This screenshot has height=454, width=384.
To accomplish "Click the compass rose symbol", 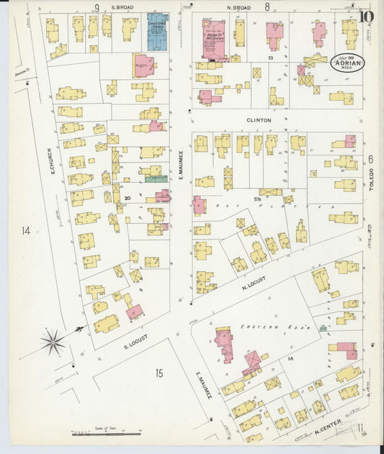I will (x=53, y=342).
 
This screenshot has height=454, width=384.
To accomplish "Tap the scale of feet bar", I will (x=106, y=433).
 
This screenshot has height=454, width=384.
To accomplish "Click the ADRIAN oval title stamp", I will (x=347, y=63).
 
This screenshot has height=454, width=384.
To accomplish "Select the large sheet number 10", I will (x=366, y=15).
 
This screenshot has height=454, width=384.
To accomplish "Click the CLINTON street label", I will (x=259, y=120).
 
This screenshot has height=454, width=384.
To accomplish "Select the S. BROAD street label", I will (x=122, y=7).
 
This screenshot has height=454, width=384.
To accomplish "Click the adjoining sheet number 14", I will (x=27, y=231).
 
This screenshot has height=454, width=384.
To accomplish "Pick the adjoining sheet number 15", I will (x=158, y=372).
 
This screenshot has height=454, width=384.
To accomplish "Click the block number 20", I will (x=128, y=198).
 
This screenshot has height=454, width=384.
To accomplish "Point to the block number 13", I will (x=271, y=56).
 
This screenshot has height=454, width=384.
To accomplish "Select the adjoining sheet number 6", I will (x=371, y=159).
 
